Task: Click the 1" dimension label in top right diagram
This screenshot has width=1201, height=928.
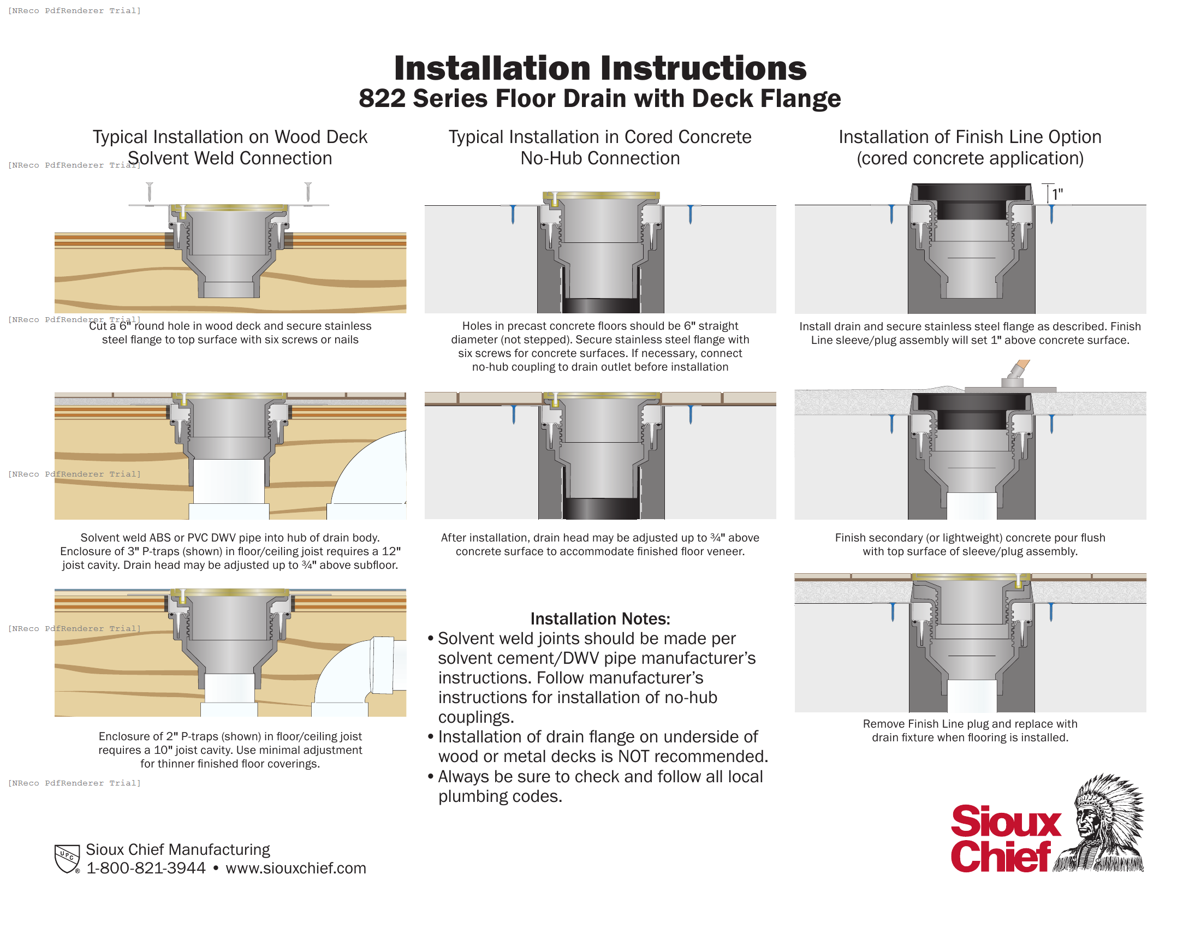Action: [x=1057, y=195]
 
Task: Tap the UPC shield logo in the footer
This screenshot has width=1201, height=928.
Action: [x=67, y=858]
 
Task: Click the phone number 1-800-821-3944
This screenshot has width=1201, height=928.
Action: [x=146, y=868]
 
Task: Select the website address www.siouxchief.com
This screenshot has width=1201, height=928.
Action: [x=296, y=868]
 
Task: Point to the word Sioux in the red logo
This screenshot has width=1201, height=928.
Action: [x=1005, y=822]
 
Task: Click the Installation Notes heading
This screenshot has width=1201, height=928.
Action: [x=600, y=619]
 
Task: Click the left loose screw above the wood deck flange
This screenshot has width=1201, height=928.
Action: [x=150, y=192]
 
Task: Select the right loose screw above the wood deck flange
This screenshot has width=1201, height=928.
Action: [x=308, y=192]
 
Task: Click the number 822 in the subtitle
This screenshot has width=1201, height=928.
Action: [x=382, y=99]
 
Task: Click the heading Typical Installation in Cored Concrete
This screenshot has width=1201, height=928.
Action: [x=600, y=137]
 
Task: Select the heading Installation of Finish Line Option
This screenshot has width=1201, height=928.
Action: [x=970, y=137]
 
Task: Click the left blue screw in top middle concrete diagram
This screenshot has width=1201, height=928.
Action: [x=513, y=214]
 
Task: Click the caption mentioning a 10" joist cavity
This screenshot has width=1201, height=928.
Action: [x=230, y=750]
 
